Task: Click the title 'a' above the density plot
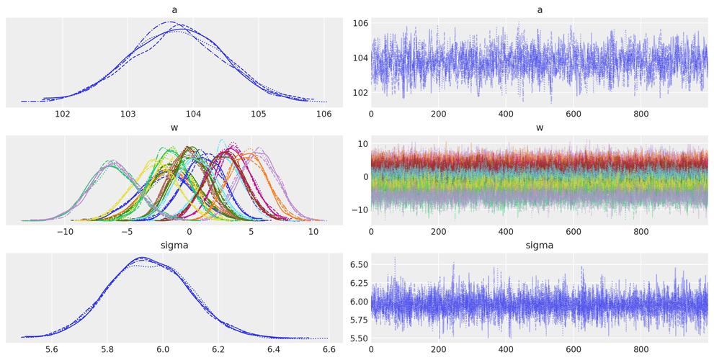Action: click(174, 9)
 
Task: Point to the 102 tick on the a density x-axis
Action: click(63, 114)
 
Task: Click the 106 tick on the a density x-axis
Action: click(323, 114)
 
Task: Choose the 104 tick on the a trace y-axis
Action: click(360, 58)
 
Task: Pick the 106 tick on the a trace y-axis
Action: click(360, 24)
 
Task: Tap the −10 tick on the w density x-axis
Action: click(65, 232)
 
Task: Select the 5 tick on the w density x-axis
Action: click(251, 232)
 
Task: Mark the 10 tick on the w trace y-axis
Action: click(362, 144)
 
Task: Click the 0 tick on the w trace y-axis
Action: click(365, 176)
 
